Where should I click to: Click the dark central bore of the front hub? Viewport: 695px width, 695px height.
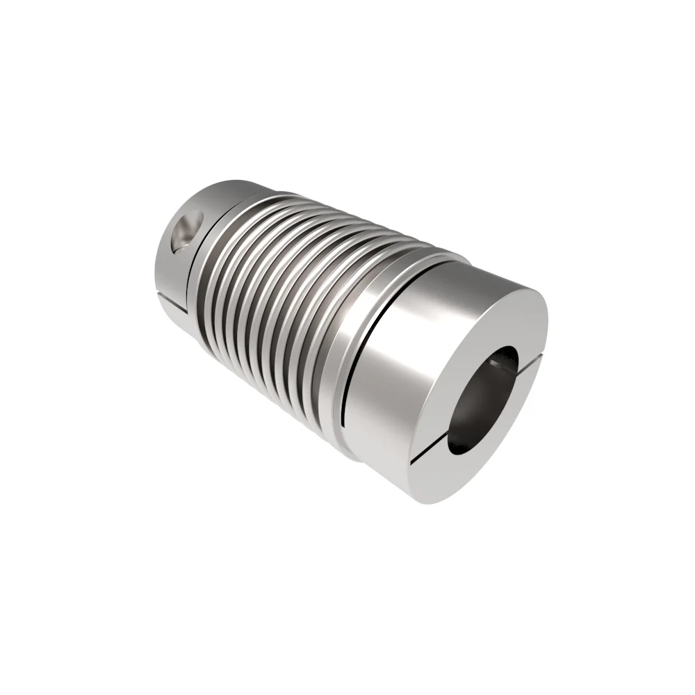click(x=480, y=403)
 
